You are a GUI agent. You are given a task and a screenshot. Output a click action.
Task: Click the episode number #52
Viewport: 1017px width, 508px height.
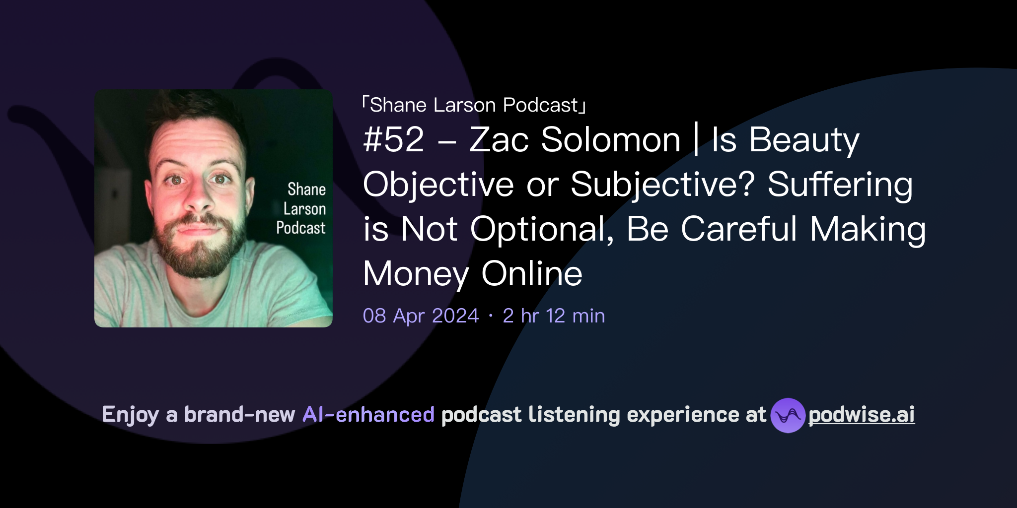(393, 140)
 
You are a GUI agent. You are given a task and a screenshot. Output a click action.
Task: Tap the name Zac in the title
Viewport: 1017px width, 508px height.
(499, 140)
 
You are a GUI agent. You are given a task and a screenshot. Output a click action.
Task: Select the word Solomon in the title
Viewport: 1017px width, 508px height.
(610, 140)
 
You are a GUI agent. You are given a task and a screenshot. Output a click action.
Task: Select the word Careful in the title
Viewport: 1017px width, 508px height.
(738, 230)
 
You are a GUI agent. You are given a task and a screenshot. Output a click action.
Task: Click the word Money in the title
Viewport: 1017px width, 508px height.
(416, 274)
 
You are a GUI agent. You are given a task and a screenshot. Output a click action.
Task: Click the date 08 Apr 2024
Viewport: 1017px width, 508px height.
(421, 316)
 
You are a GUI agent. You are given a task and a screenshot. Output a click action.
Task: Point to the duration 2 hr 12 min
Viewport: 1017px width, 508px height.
(554, 316)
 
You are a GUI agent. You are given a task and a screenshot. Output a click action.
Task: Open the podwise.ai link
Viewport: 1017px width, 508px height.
(861, 415)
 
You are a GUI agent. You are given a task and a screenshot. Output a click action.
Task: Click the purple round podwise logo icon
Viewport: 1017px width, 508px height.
(788, 415)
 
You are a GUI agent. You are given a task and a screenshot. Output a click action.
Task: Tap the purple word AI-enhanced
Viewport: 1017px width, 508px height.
(368, 415)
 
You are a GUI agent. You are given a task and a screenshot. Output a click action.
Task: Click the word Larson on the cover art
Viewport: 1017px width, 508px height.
(304, 209)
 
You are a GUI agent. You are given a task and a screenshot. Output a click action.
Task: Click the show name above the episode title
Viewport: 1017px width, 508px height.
(474, 105)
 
